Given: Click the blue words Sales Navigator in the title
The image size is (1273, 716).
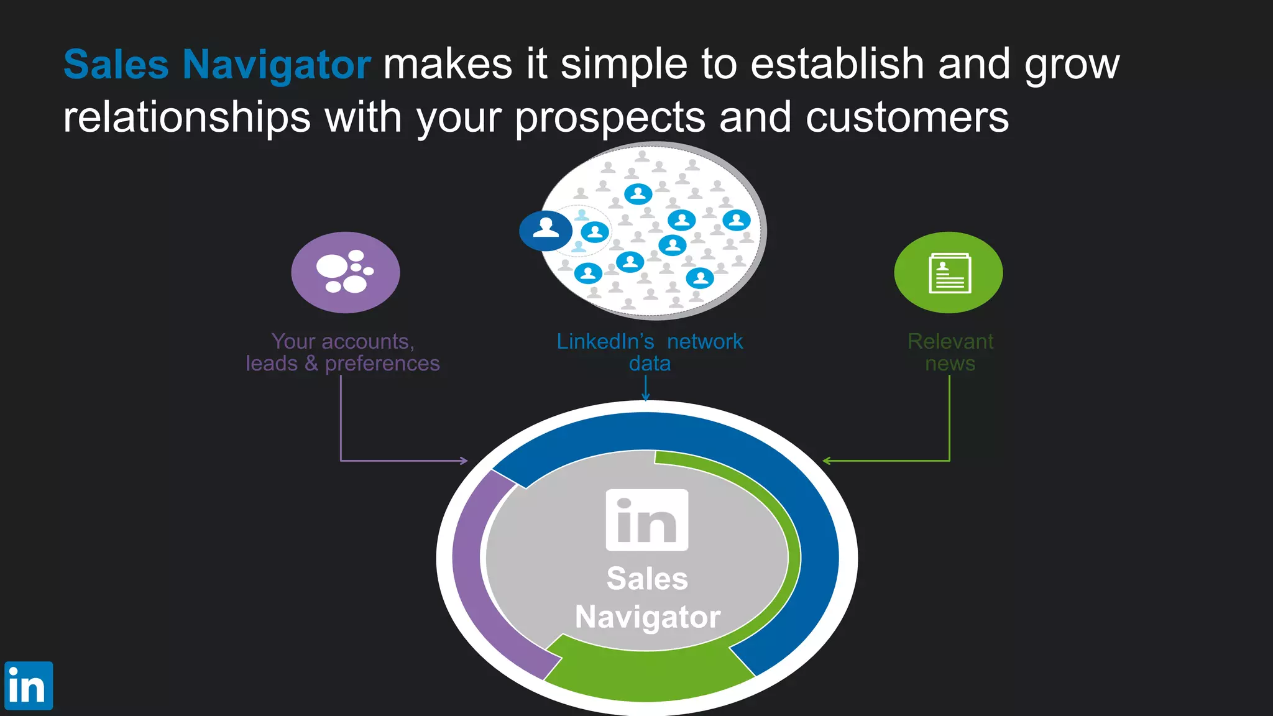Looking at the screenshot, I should point(217,65).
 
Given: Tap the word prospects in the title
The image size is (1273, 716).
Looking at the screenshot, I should point(610,118).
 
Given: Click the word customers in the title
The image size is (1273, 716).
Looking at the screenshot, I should point(907,118).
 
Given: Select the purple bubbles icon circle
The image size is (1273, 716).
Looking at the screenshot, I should point(345,272).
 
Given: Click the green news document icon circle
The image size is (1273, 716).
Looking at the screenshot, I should point(948,272).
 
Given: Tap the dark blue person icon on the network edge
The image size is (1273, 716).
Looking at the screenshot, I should point(546,230).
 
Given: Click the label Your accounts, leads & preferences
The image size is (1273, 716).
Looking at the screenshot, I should point(342,352).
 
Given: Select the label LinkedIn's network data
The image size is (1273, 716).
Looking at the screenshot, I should point(650,352).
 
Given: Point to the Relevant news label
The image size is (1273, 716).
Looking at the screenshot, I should point(950,352).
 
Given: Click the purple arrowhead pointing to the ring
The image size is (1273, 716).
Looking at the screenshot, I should point(464,461).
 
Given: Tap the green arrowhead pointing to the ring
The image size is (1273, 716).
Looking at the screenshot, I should point(826,461).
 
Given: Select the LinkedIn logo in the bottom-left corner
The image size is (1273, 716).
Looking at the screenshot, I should point(29,686).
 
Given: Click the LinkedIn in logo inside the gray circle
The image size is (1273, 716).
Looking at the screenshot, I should point(647,520).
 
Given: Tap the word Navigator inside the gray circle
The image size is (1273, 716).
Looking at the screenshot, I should point(648,617).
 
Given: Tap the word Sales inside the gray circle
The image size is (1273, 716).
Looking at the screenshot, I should point(647,579).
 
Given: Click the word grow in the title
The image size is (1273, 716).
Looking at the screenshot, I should point(1072,65).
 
